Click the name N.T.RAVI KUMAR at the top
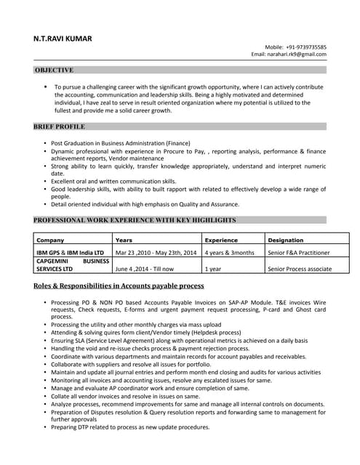pos(63,39)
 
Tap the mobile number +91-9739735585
pos(305,46)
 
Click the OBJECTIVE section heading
pos(54,70)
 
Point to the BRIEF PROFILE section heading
pos(60,126)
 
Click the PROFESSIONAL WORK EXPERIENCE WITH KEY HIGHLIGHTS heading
pos(135,219)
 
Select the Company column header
pos(50,239)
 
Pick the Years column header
pos(124,239)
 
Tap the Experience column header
pos(221,239)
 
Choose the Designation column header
pos(286,239)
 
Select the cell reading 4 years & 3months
pos(230,252)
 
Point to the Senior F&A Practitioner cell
pos(299,252)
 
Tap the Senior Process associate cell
pos(300,268)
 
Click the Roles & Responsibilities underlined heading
pos(119,286)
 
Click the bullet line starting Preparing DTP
pos(130,426)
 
